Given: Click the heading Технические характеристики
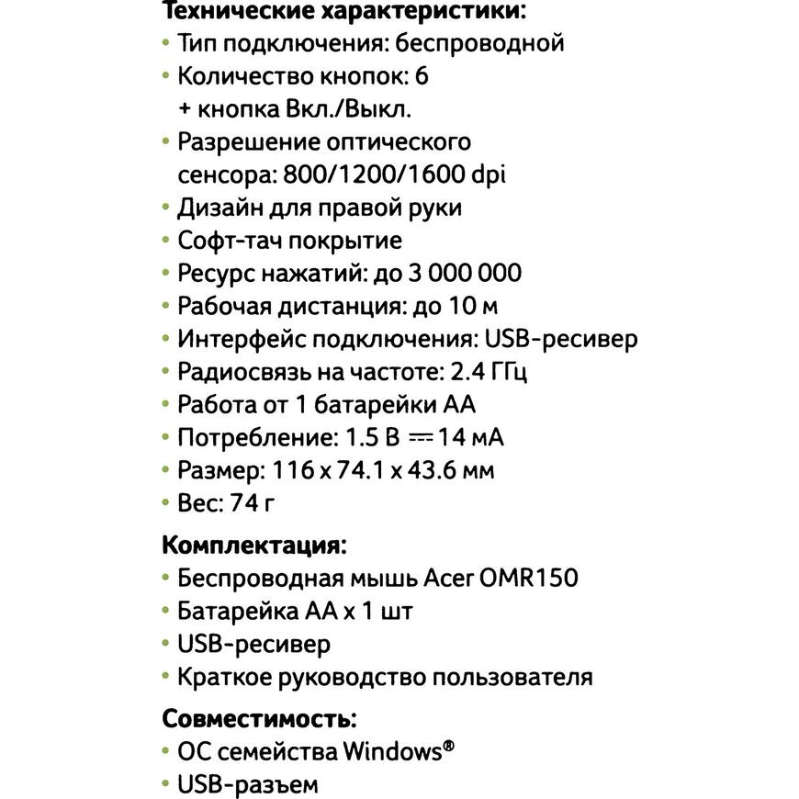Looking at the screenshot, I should click(x=343, y=11).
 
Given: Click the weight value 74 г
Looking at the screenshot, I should click(x=251, y=503).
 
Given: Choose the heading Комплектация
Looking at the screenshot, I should click(x=253, y=545).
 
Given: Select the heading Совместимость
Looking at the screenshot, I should click(x=259, y=717).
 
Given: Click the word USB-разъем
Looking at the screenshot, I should click(x=248, y=785).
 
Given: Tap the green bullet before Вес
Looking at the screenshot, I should click(x=165, y=504).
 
